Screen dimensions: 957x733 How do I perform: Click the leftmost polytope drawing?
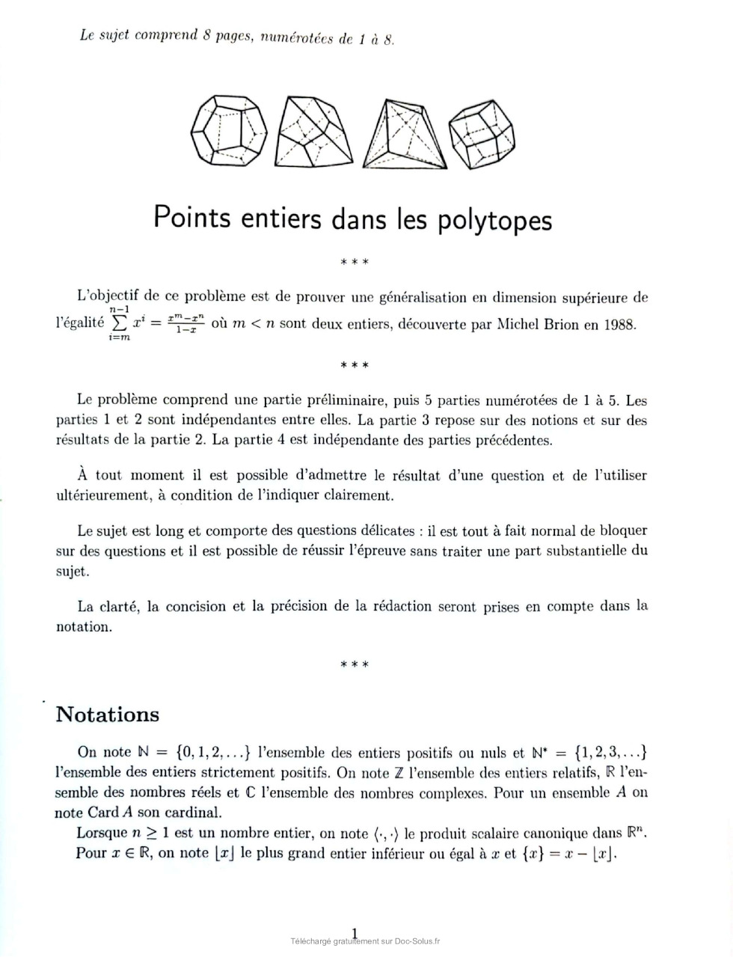pyautogui.click(x=229, y=130)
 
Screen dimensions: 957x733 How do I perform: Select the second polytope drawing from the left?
pyautogui.click(x=313, y=132)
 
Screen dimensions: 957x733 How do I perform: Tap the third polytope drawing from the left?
pyautogui.click(x=403, y=134)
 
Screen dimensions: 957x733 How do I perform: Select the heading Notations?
pyautogui.click(x=108, y=714)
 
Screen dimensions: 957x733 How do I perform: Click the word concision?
pyautogui.click(x=199, y=606)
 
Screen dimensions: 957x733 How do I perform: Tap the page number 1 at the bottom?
pyautogui.click(x=355, y=932)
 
